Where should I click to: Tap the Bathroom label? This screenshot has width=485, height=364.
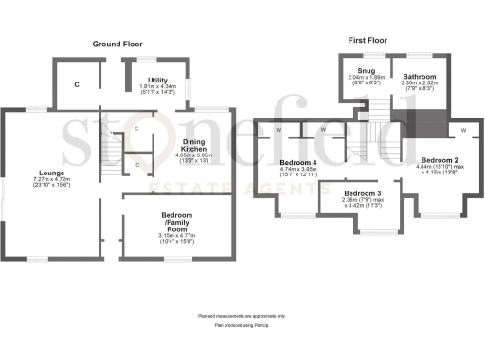(419, 76)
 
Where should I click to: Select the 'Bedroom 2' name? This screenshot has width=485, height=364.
(440, 161)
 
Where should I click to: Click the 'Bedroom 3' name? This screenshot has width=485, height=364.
(361, 192)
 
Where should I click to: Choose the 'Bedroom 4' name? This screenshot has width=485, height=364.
(298, 162)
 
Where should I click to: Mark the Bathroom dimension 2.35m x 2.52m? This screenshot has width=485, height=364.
(419, 82)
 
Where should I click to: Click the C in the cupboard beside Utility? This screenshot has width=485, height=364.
(78, 84)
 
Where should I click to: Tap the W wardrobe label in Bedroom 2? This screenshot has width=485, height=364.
(463, 130)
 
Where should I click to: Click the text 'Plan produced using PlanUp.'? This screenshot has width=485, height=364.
(242, 325)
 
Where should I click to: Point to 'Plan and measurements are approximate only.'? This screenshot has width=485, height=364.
(242, 315)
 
